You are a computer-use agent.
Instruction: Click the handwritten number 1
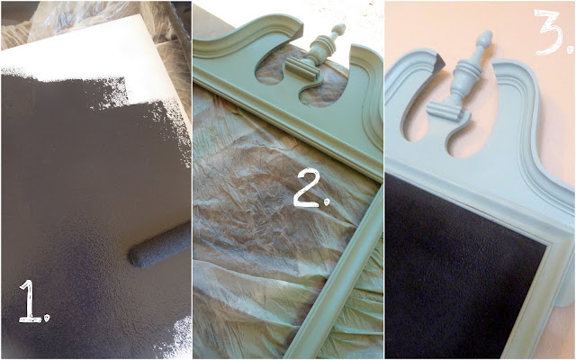(30, 301)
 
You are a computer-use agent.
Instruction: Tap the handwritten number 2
(307, 188)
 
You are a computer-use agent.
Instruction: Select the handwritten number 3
(549, 31)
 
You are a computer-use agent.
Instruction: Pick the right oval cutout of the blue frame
(467, 135)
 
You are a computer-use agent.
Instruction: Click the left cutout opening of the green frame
(271, 70)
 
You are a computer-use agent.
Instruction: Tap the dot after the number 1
(46, 318)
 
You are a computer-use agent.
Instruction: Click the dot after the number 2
(326, 202)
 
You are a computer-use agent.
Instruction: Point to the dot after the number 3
(569, 49)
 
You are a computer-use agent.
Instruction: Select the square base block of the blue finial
(445, 111)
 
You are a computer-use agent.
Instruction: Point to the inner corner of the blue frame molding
(546, 243)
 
